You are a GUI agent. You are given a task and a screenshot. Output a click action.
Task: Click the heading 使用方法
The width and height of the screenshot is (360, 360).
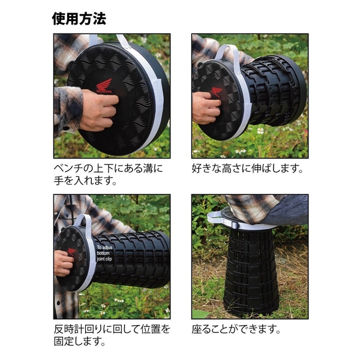(x=79, y=19)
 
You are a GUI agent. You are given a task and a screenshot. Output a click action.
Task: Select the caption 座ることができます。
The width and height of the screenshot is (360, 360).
(x=236, y=329)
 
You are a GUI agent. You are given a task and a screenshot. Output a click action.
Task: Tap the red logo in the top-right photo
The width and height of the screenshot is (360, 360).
(x=216, y=92)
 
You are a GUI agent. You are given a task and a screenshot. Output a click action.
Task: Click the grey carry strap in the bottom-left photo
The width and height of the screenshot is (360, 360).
(x=87, y=225)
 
